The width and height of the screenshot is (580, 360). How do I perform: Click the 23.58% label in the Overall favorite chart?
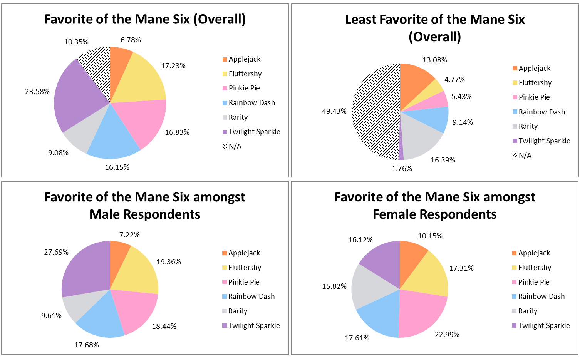click(37, 92)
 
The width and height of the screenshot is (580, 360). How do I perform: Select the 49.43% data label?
click(334, 111)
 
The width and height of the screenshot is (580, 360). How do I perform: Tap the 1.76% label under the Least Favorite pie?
click(402, 169)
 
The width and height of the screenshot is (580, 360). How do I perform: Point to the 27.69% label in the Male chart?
click(56, 252)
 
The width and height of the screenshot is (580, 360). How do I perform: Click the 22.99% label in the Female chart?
click(447, 335)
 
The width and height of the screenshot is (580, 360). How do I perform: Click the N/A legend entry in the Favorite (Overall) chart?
click(235, 146)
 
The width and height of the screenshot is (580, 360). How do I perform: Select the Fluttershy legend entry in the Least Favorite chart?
click(535, 83)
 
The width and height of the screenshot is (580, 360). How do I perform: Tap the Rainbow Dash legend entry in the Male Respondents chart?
click(251, 296)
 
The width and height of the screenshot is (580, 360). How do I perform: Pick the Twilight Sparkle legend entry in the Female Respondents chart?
click(544, 326)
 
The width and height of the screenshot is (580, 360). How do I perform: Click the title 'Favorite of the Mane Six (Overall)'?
click(145, 19)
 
